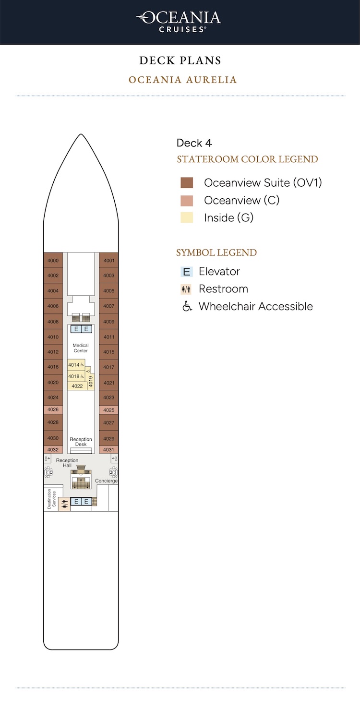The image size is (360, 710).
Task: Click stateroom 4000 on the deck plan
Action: (x=53, y=260)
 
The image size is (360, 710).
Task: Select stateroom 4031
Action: (x=108, y=449)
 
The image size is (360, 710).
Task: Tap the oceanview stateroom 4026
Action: (x=53, y=409)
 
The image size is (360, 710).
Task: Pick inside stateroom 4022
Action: (x=77, y=386)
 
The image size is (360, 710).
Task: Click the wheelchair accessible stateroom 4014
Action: (x=76, y=365)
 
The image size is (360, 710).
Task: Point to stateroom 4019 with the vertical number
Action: (x=91, y=382)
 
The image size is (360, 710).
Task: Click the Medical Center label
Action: (x=81, y=348)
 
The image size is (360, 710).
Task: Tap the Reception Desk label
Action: (x=81, y=442)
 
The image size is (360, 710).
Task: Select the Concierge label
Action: (x=106, y=481)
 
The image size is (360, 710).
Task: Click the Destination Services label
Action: (x=51, y=499)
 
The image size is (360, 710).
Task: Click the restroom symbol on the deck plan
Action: (x=65, y=504)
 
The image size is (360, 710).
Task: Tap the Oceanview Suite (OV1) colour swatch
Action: (x=187, y=183)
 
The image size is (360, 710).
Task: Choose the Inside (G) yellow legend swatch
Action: (x=187, y=217)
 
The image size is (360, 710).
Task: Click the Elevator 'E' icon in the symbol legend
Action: (x=187, y=272)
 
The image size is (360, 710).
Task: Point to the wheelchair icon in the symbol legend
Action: (x=187, y=306)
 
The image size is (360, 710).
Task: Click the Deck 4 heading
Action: (x=194, y=143)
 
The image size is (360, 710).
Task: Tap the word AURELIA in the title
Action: (x=211, y=79)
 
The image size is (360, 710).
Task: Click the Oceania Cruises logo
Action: (x=179, y=22)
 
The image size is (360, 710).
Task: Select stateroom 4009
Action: (x=108, y=322)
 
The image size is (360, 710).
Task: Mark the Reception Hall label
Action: (x=67, y=463)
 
